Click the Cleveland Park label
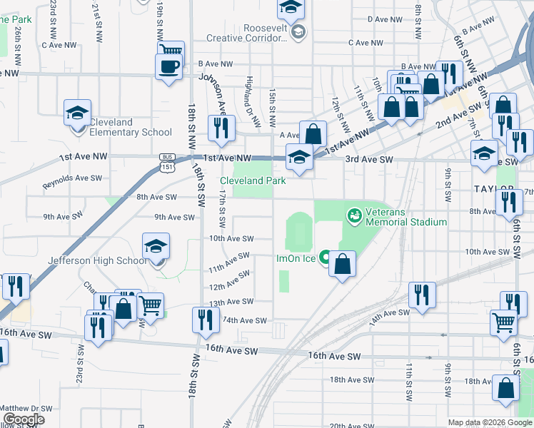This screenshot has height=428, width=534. pos(253,181)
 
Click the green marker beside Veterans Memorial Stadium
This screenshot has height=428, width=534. pos(353,214)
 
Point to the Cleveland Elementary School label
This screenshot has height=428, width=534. pos(130,127)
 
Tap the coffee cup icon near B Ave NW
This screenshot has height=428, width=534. pos(169,68)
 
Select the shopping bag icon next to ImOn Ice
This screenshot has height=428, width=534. pos(343,264)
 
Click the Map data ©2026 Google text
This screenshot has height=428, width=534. pos(490,422)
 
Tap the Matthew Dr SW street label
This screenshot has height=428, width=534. pos(26,408)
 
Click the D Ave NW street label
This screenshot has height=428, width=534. pos(381,20)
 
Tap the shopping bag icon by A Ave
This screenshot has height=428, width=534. pos(313,133)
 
